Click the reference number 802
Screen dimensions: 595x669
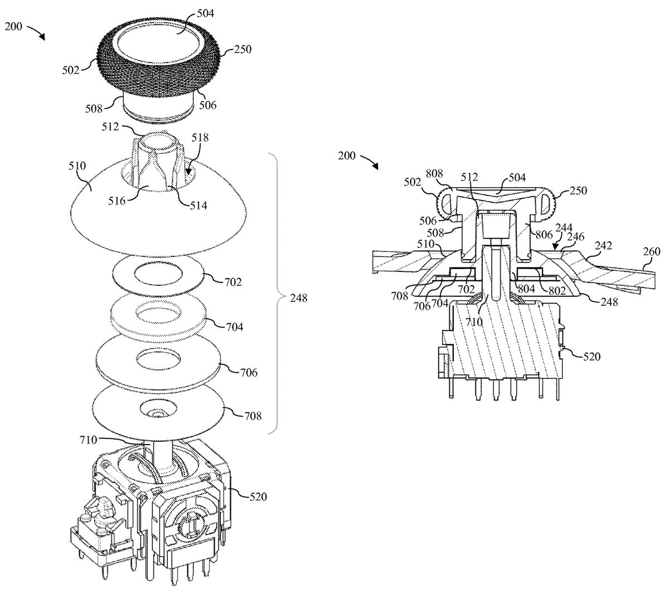pos(557,290)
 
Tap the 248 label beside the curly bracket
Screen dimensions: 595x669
pos(298,298)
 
